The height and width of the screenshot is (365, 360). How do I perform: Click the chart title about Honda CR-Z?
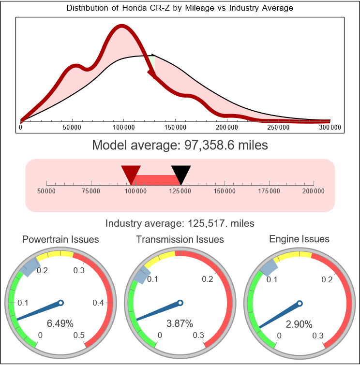click(x=180, y=8)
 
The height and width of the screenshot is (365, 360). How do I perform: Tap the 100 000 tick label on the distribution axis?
click(x=123, y=127)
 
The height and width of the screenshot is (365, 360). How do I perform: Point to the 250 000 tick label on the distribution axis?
click(x=279, y=127)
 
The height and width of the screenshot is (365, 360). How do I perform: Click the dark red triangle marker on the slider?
click(x=131, y=173)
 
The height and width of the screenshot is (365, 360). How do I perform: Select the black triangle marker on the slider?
click(x=181, y=173)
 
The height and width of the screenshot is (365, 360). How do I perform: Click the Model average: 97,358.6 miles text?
click(x=180, y=145)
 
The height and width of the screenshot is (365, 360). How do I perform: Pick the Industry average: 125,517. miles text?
click(x=180, y=223)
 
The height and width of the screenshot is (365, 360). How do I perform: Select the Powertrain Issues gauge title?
click(x=60, y=239)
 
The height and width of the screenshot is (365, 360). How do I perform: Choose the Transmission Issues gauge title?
click(x=180, y=239)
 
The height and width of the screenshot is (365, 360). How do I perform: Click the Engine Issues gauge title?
click(x=299, y=239)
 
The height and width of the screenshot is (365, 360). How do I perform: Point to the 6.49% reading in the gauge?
click(x=60, y=323)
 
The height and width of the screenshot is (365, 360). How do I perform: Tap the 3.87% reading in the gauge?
click(x=180, y=323)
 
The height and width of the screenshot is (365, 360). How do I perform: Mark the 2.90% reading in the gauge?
click(x=299, y=324)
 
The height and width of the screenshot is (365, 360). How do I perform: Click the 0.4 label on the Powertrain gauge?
click(x=98, y=303)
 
